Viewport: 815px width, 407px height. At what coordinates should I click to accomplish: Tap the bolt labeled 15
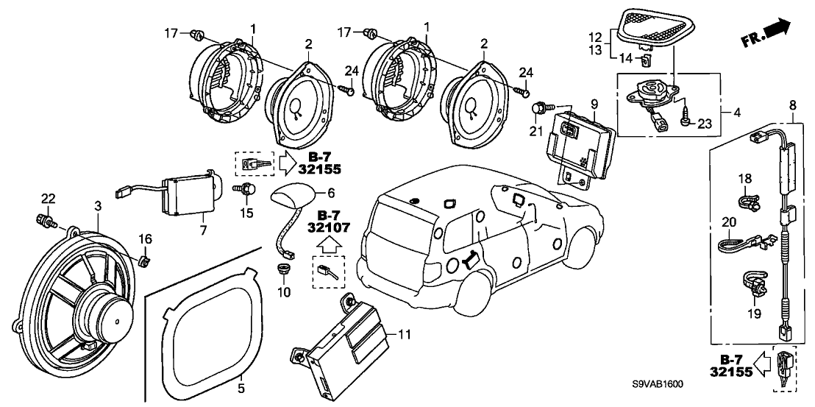point(249,191)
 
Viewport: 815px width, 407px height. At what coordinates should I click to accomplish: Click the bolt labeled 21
point(538,109)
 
